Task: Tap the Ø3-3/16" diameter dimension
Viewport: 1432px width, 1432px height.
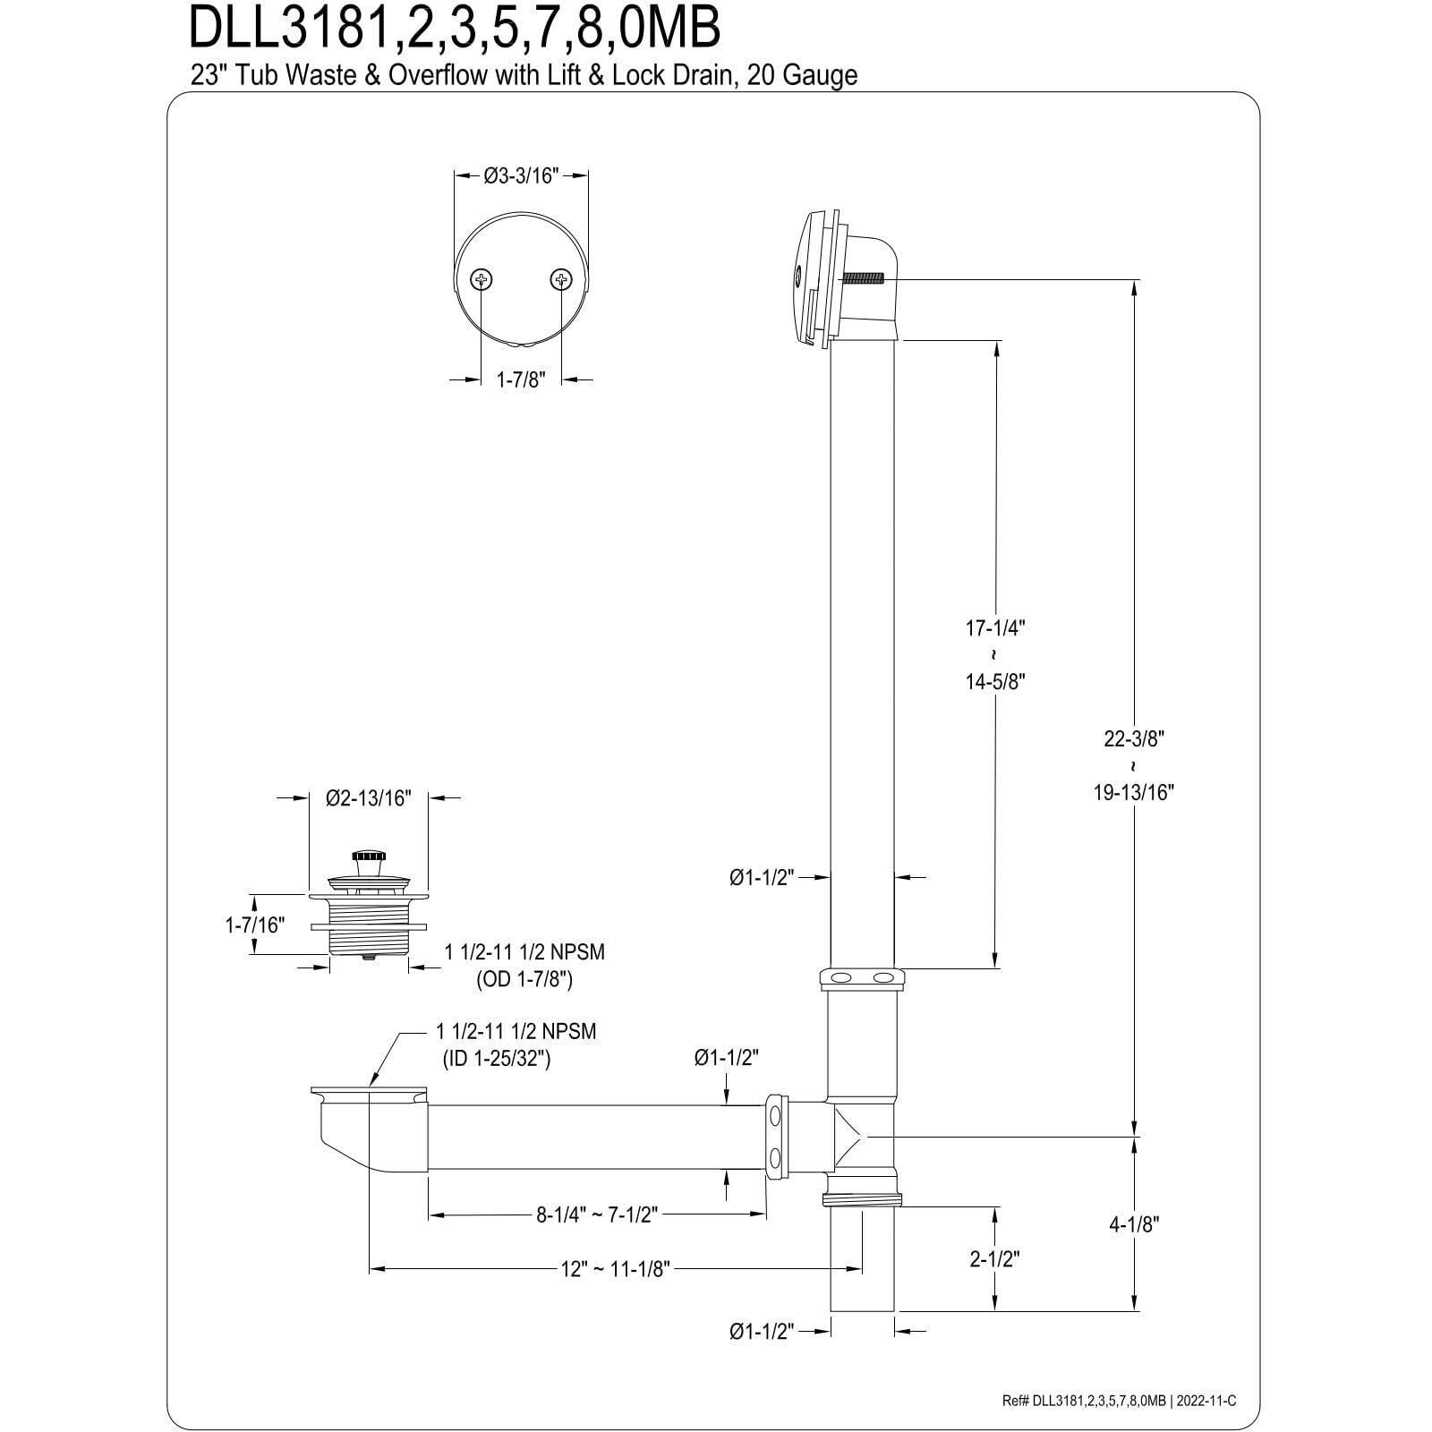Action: [521, 175]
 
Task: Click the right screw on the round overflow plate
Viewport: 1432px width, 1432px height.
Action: [561, 280]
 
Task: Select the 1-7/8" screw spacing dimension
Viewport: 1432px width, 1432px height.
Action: [521, 379]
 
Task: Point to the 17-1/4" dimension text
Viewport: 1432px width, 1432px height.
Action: [993, 627]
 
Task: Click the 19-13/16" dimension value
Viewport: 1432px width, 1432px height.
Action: [1133, 792]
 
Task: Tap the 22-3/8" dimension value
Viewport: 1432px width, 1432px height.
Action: [1133, 738]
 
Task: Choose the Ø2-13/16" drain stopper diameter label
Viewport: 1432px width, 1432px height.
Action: [368, 798]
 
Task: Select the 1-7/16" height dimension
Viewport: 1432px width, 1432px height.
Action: [255, 925]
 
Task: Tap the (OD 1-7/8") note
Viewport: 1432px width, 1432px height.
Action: [524, 980]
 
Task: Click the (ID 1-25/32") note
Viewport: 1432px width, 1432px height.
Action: [498, 1059]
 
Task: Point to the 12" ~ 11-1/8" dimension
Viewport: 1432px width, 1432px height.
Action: [617, 1268]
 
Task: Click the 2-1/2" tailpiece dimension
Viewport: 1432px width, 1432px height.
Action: [994, 1258]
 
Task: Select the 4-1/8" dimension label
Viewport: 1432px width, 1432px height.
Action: [1134, 1224]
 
